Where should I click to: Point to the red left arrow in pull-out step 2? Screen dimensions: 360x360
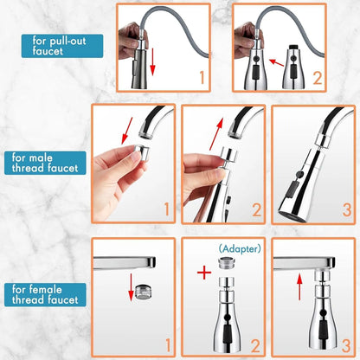pos(276,61)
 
